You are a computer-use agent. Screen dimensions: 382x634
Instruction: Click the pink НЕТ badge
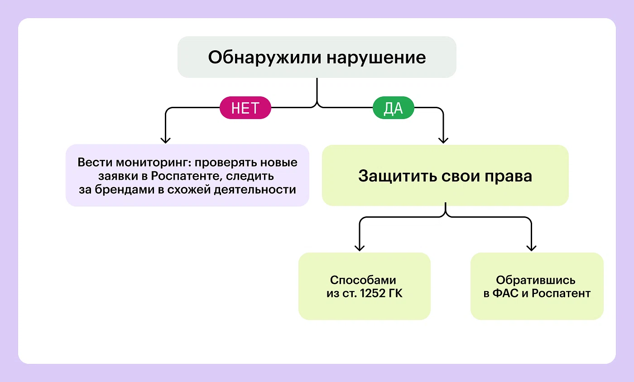(x=245, y=109)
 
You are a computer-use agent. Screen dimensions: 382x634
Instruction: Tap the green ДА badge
(x=393, y=109)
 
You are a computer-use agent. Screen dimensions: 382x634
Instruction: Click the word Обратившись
(x=536, y=280)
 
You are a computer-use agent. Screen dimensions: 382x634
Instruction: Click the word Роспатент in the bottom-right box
(x=561, y=294)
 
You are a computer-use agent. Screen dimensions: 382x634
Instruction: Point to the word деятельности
(x=259, y=189)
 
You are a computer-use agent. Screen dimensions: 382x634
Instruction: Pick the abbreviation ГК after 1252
(x=395, y=294)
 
